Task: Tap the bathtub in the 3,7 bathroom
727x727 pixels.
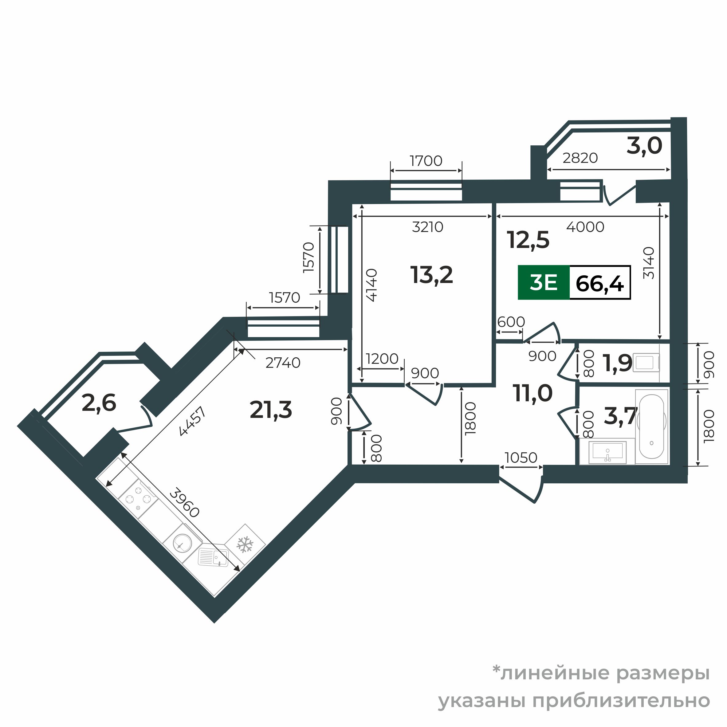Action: [651, 426]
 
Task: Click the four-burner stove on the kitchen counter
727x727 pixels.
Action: [138, 499]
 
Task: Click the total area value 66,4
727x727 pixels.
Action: [599, 283]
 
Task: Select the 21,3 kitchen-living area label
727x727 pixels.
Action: [271, 410]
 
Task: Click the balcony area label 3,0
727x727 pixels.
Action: [644, 146]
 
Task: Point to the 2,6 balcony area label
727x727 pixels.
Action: [99, 403]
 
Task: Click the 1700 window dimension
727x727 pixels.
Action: [426, 161]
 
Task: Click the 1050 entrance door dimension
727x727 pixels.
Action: [521, 458]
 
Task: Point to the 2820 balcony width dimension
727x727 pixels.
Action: [580, 158]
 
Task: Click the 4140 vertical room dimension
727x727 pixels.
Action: [371, 285]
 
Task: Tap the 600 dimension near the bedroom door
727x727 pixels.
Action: [511, 322]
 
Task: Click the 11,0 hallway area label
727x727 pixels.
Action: [532, 393]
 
